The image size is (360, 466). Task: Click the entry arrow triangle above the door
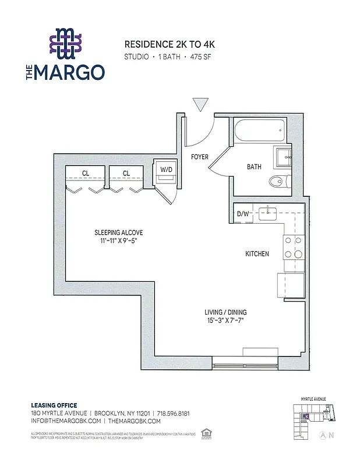200,104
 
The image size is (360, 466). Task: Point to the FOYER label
200,157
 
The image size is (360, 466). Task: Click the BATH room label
254,167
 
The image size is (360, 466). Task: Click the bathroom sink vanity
284,156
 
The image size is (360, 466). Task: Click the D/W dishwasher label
242,213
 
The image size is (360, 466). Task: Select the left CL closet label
85,172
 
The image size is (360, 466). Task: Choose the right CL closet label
126,172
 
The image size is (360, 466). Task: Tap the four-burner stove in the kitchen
293,247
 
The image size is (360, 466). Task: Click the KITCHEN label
257,254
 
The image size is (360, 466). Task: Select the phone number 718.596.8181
174,413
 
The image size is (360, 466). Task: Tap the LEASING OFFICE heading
54,405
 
